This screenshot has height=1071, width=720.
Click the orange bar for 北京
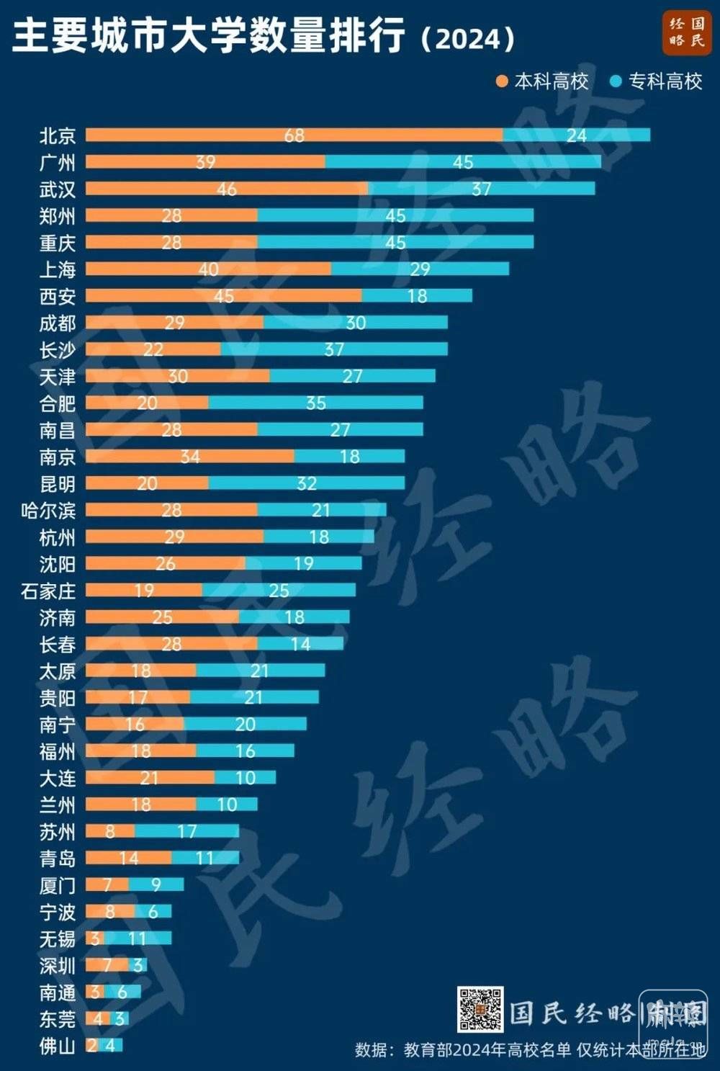pos(216,135)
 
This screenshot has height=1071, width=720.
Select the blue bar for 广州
pos(504,161)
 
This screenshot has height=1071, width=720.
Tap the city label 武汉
pos(57,189)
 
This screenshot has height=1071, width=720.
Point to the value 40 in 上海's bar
pos(208,269)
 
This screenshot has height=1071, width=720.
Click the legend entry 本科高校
pos(543,81)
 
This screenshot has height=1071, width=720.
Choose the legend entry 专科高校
pos(656,81)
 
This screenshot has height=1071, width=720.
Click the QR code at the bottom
pos(480,1009)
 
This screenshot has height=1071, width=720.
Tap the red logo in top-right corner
pos(686,32)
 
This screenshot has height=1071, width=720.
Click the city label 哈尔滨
pos(48,511)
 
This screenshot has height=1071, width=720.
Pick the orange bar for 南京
pos(144,457)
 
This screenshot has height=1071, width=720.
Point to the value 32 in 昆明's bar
pos(307,483)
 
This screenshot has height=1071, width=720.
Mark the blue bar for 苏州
pos(209,831)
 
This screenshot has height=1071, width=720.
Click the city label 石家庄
pos(48,591)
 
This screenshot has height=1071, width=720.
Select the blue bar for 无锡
pos(151,938)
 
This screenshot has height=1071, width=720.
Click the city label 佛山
pos(57,1045)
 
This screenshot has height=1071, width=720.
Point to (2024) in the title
pos(468,38)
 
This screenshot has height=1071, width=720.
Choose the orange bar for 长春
pos(130,644)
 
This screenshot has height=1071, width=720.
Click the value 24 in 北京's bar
pos(576,135)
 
